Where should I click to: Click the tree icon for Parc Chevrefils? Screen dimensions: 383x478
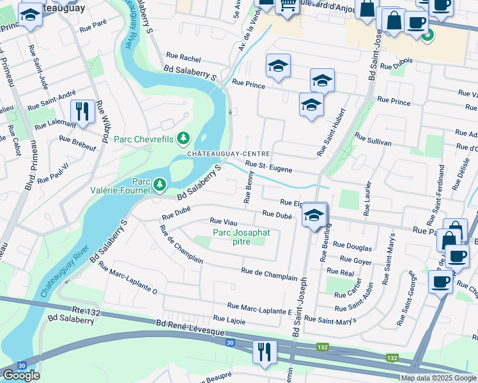coord(184,138)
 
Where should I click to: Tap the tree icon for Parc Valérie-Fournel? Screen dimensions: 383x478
coord(159,185)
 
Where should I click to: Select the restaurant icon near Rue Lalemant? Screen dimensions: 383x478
coord(82,111)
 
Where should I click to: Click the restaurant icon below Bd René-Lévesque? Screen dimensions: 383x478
coord(264,352)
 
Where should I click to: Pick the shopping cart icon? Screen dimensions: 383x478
coord(287,4)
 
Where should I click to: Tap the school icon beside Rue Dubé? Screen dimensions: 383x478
coord(314,214)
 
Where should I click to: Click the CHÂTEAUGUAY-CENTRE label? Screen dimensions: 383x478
coord(228,154)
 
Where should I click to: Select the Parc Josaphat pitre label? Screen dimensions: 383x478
coord(241,237)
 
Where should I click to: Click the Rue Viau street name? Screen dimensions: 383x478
coord(224,222)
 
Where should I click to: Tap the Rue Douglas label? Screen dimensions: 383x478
coord(352,246)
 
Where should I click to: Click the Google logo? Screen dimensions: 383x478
coord(21,375)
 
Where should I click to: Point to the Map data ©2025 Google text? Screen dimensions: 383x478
coord(438,378)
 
